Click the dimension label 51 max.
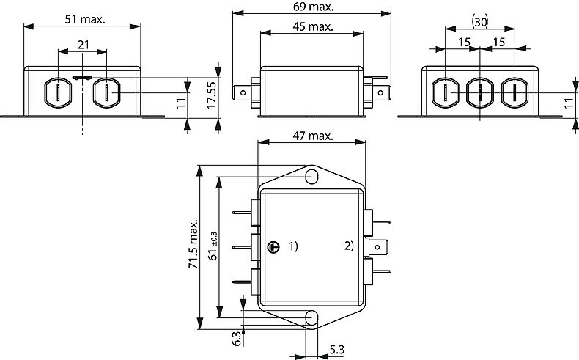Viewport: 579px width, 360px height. coord(85,19)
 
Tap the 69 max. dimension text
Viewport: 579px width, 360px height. coord(313,7)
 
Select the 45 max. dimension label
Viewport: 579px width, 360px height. coord(313,26)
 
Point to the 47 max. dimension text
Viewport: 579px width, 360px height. coord(313,136)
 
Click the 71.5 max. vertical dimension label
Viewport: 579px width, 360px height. coord(193,243)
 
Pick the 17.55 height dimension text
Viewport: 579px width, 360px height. coord(212,95)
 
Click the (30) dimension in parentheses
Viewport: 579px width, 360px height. coord(480,22)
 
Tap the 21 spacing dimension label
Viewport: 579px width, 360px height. coord(83,45)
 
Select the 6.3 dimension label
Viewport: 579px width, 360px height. coord(237,339)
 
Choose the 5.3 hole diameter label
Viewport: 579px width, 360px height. coord(336,349)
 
